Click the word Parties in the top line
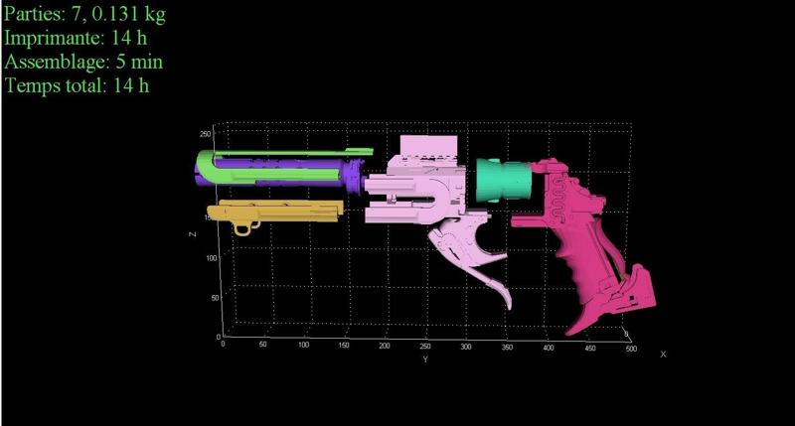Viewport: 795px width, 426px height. pos(34,14)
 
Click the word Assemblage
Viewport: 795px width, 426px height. pos(57,62)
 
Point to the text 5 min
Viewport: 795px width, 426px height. pos(139,62)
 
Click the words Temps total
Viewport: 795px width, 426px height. pos(56,85)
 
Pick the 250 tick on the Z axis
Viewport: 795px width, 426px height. pos(205,134)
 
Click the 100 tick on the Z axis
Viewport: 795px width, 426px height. pos(212,258)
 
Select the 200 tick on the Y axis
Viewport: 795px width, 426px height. pos(385,346)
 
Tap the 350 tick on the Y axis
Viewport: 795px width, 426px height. pos(507,347)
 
